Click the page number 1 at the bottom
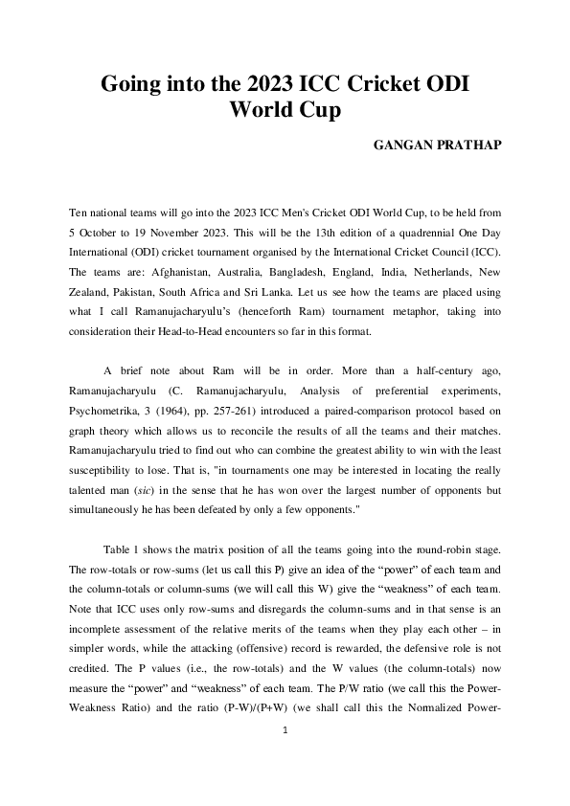click(285, 729)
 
